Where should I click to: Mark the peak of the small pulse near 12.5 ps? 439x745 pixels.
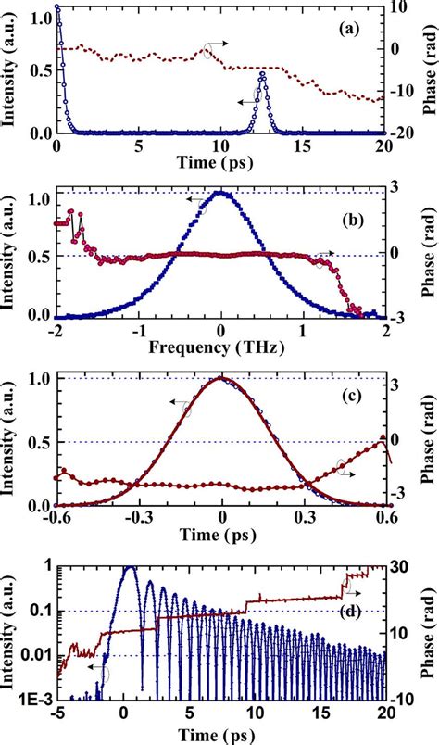(263, 74)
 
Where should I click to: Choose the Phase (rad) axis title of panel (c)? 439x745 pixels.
(428, 440)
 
